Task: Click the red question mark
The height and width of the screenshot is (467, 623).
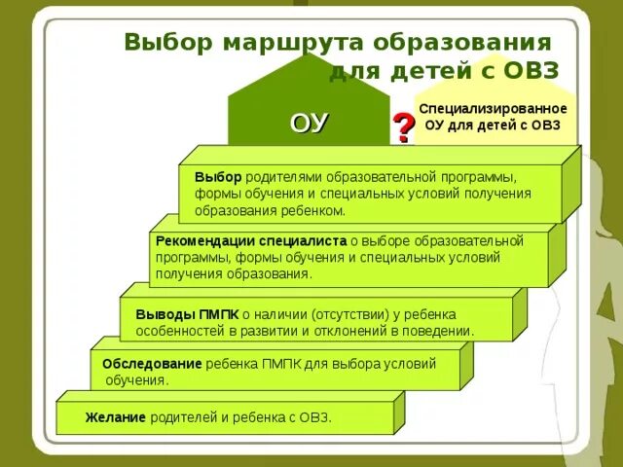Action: [x=403, y=127]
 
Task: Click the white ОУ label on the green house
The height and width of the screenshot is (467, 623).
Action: [x=309, y=124]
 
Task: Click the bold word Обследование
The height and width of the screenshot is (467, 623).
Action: [x=152, y=364]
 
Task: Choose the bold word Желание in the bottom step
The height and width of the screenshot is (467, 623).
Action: [x=115, y=417]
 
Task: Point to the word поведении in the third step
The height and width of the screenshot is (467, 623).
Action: [x=442, y=331]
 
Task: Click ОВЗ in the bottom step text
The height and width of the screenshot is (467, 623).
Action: [x=314, y=417]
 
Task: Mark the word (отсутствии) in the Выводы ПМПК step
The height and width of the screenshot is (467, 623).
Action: [x=347, y=314]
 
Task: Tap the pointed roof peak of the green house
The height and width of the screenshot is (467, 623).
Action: [x=308, y=55]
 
